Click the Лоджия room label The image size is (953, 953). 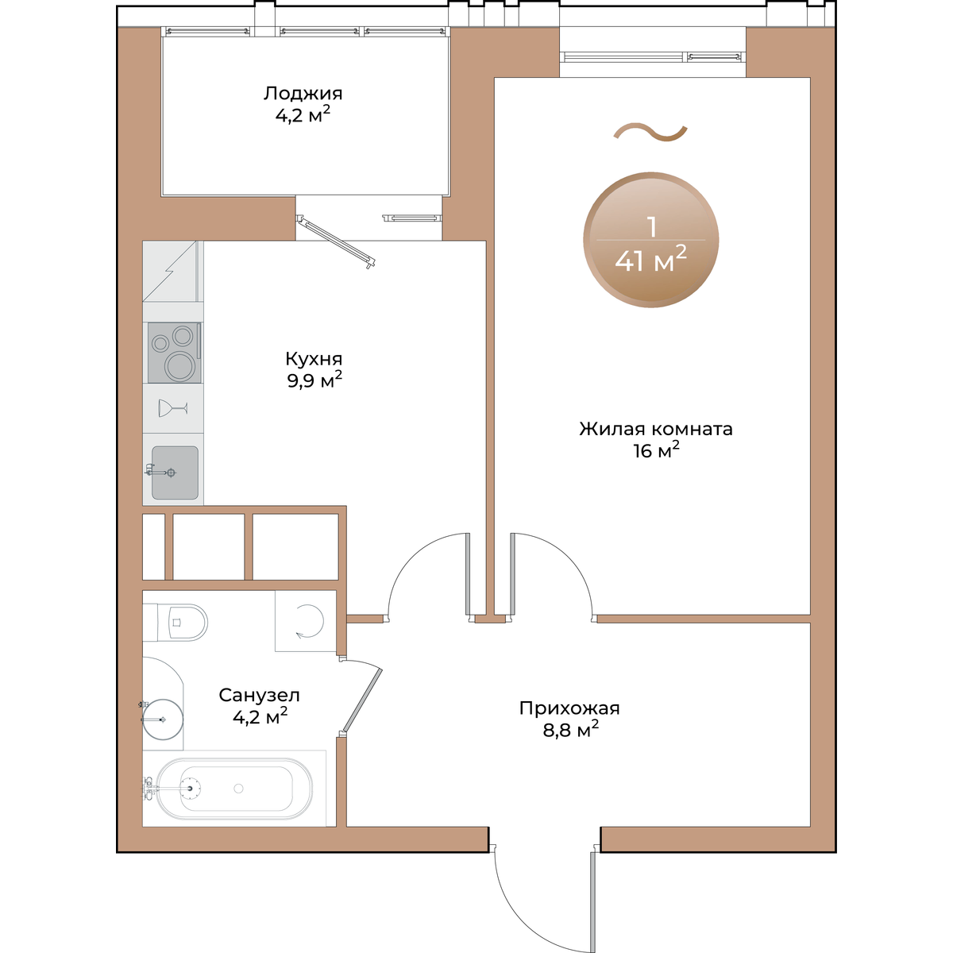(303, 94)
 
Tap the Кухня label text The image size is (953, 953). (314, 358)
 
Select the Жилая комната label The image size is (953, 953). (656, 429)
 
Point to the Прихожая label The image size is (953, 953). (569, 708)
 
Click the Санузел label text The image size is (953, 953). (259, 696)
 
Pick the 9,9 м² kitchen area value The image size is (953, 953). (314, 380)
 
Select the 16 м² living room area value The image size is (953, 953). (656, 450)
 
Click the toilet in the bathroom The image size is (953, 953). (181, 622)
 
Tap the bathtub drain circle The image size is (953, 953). (238, 789)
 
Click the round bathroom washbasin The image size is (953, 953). (164, 720)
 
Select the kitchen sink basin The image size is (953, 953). (175, 473)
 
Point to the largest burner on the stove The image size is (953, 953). (179, 366)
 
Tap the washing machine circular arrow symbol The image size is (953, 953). (310, 621)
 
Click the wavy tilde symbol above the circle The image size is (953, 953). (650, 132)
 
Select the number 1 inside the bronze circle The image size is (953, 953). (652, 226)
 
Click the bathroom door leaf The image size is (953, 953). (362, 700)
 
